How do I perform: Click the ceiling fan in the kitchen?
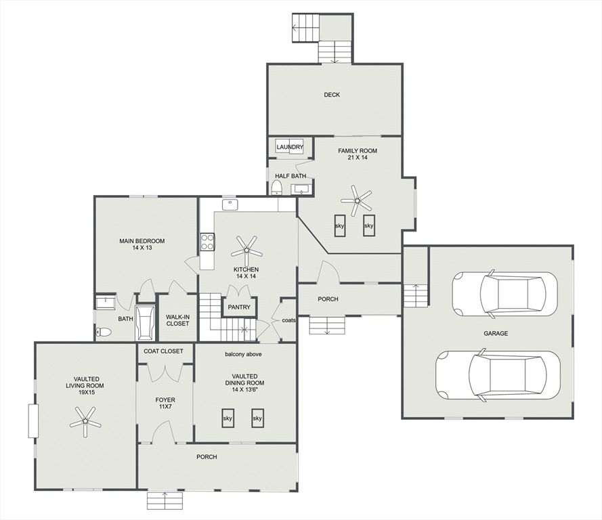246,251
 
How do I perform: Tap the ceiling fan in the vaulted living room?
85,421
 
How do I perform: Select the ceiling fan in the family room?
357,200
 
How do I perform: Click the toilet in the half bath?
276,188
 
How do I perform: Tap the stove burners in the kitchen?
207,242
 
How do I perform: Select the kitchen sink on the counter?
230,204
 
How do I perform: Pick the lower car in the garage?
498,375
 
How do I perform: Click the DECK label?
332,95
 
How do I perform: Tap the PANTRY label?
239,307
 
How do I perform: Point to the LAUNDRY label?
290,147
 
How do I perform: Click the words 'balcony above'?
243,354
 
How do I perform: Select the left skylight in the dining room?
228,418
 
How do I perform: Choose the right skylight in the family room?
368,225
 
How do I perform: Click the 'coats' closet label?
288,320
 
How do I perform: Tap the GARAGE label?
496,334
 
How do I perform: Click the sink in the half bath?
301,190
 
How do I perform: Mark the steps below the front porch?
165,501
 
